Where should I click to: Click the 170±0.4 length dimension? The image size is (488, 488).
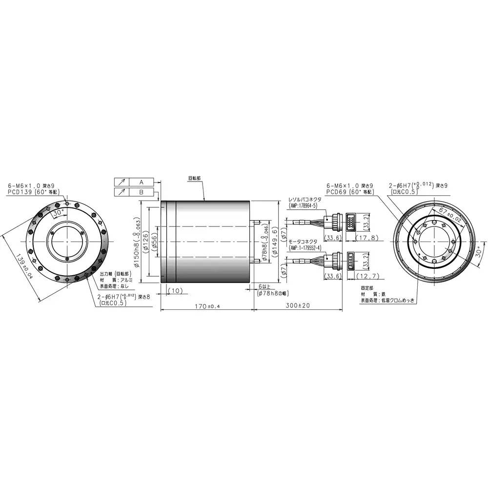(x=207, y=306)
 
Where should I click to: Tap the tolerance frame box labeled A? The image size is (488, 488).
(x=141, y=182)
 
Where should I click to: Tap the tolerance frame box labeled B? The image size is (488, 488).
(x=141, y=192)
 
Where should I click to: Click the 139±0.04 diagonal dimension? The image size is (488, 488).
(x=21, y=266)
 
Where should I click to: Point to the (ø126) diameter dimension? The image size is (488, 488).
(x=146, y=243)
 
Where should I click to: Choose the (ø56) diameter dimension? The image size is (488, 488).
(x=154, y=242)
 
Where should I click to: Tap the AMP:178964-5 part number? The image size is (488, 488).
(x=303, y=206)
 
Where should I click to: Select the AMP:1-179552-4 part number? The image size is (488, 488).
(x=305, y=248)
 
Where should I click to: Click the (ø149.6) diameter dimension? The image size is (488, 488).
(x=276, y=243)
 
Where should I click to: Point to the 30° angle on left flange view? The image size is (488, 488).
(x=59, y=213)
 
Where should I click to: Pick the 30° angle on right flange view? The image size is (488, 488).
(x=478, y=252)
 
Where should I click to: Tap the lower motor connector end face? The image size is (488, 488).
(x=351, y=261)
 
